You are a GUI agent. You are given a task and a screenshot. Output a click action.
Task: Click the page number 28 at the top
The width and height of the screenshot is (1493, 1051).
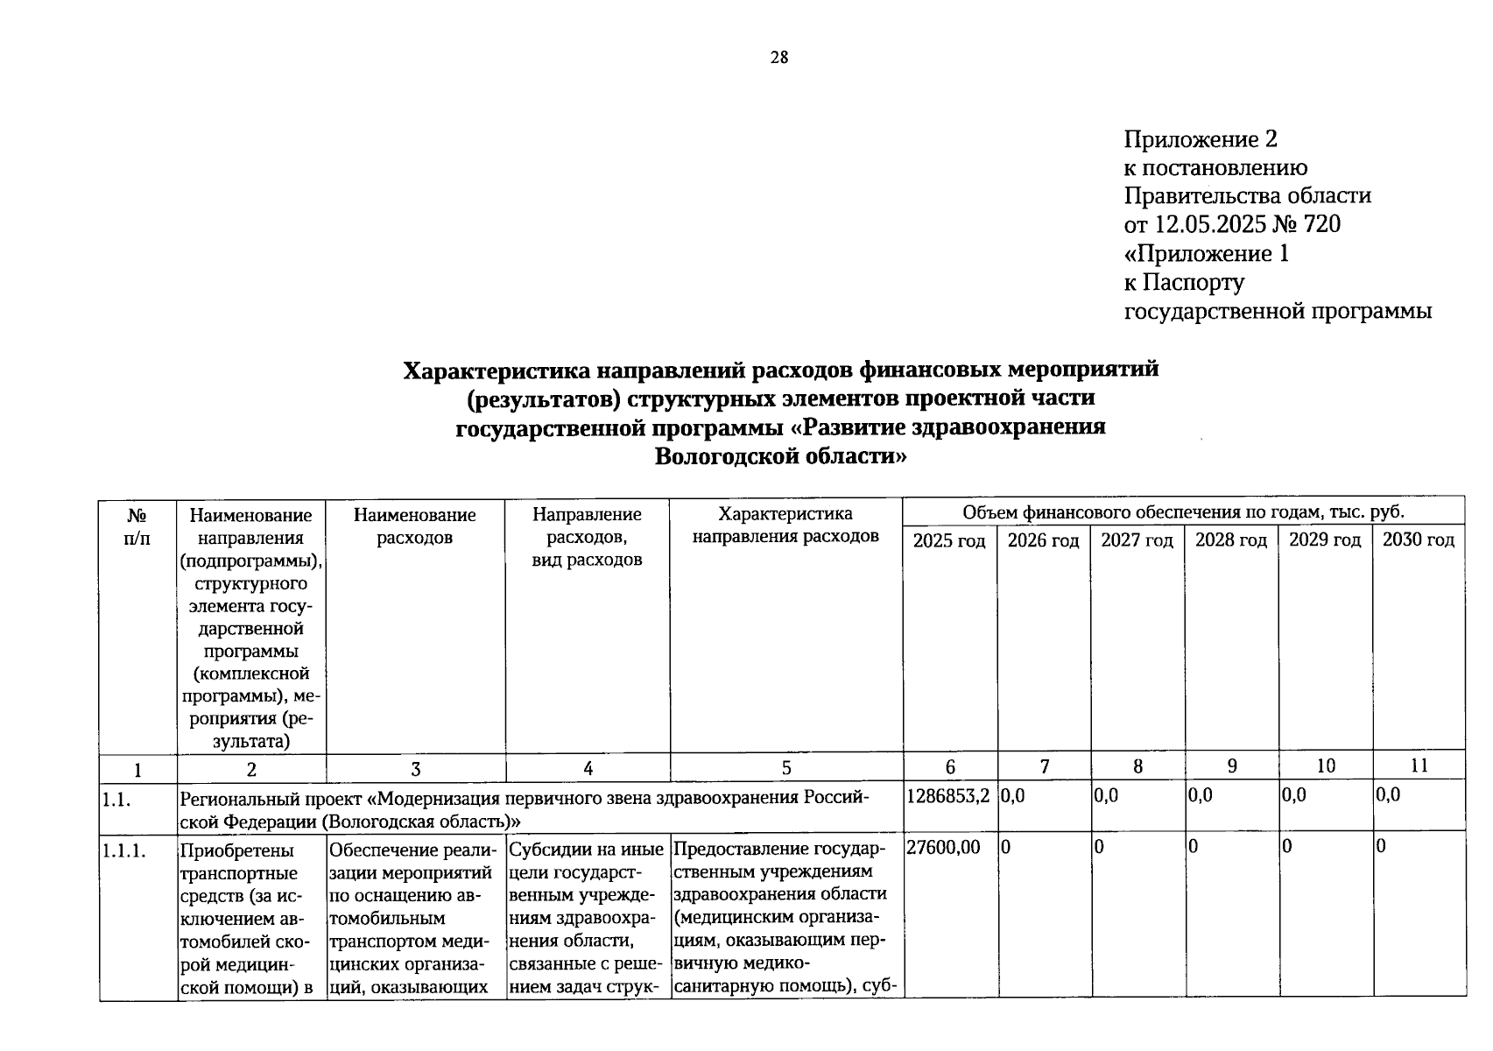pyautogui.click(x=778, y=58)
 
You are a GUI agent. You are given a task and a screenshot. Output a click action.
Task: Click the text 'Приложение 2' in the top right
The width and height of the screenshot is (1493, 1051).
pyautogui.click(x=1201, y=139)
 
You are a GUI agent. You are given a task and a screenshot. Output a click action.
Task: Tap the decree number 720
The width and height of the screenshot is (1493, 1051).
pyautogui.click(x=1321, y=225)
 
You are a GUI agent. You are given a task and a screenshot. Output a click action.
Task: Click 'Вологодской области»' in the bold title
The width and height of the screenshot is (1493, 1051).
pyautogui.click(x=780, y=456)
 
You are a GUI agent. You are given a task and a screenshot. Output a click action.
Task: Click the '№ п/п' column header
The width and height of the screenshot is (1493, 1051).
pyautogui.click(x=137, y=526)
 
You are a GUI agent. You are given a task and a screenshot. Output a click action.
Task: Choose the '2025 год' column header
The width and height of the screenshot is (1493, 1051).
pyautogui.click(x=949, y=540)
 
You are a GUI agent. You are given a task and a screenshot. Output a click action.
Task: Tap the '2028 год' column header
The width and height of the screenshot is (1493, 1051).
pyautogui.click(x=1230, y=540)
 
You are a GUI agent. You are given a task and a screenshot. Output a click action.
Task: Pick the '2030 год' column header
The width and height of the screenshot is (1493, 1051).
pyautogui.click(x=1418, y=540)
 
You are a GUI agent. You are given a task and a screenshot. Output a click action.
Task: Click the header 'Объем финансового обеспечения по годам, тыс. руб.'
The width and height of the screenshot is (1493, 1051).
pyautogui.click(x=1183, y=512)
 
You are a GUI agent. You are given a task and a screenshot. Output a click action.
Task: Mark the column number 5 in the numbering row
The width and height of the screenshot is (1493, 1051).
pyautogui.click(x=785, y=768)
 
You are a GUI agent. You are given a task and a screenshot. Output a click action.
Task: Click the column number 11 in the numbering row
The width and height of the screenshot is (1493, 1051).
pyautogui.click(x=1419, y=765)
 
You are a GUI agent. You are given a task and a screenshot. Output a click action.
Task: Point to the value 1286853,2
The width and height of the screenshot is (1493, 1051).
pyautogui.click(x=948, y=795)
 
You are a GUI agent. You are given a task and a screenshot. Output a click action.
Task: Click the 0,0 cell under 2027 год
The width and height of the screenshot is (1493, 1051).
pyautogui.click(x=1106, y=795)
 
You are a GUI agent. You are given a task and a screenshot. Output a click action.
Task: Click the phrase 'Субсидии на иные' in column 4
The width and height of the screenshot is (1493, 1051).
pyautogui.click(x=587, y=850)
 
